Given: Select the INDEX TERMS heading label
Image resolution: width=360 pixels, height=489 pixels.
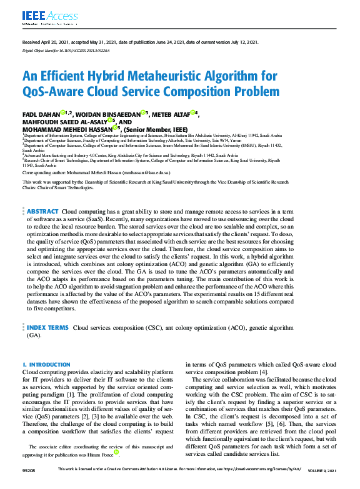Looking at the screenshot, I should (x=47, y=327).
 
